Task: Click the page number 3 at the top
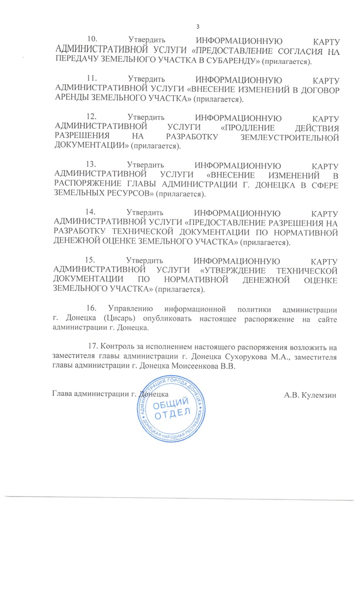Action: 197,28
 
